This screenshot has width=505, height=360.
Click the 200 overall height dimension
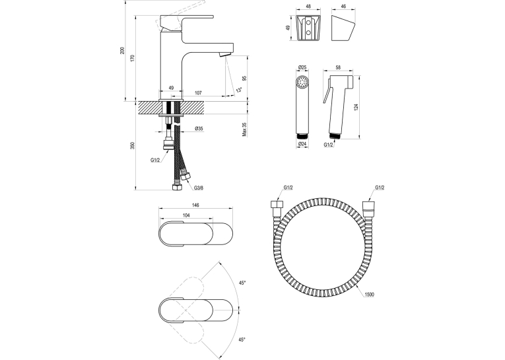(x=122, y=50)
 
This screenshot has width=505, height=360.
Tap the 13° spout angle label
(x=239, y=90)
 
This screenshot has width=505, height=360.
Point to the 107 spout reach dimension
(x=199, y=93)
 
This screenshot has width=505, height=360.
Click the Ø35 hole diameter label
(x=199, y=129)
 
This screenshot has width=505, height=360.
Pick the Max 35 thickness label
(x=244, y=129)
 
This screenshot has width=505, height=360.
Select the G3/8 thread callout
(x=199, y=188)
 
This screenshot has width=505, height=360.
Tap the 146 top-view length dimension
(x=195, y=205)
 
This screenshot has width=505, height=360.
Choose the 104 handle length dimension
(x=186, y=215)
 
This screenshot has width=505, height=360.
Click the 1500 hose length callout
(x=370, y=295)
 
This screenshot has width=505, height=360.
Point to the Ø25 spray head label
(x=302, y=67)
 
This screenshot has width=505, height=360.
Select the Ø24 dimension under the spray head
(x=302, y=145)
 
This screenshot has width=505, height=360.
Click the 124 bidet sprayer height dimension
(x=356, y=107)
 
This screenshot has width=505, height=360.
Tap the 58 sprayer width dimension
(x=338, y=67)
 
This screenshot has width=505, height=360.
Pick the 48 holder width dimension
(x=308, y=6)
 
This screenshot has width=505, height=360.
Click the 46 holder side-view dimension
(x=343, y=6)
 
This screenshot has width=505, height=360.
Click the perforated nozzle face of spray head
(x=302, y=82)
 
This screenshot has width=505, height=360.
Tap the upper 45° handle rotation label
(x=242, y=283)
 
